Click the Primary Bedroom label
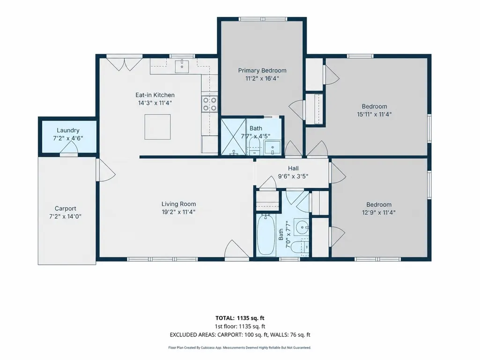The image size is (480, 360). [x=262, y=70]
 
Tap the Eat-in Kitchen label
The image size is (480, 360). [x=155, y=95]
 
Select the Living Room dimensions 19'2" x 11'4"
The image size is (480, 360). [x=178, y=212]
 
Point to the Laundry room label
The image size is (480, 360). [x=68, y=131]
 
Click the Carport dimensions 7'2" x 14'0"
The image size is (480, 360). [x=65, y=216]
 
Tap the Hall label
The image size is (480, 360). [x=293, y=169]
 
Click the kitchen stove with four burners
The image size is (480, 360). [x=210, y=104]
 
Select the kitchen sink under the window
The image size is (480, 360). [x=182, y=66]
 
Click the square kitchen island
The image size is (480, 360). [x=158, y=127]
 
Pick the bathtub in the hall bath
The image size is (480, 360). [x=266, y=235]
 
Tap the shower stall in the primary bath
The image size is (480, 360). [x=233, y=137]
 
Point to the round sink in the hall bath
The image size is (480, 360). [x=302, y=227]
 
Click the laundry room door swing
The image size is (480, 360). [x=68, y=149]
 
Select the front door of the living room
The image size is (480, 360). [x=237, y=250]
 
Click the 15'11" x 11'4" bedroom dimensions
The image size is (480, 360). [x=374, y=115]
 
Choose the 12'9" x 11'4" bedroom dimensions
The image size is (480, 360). [x=379, y=213]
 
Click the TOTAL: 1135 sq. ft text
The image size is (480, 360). [x=240, y=318]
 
